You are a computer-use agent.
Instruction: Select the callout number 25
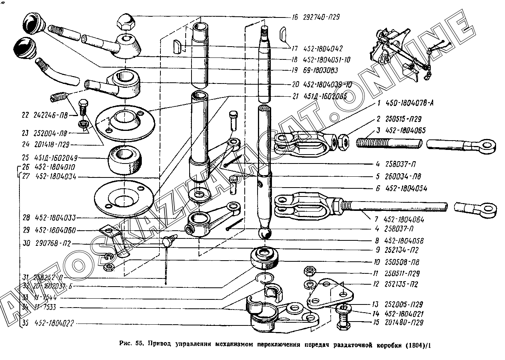(26, 158)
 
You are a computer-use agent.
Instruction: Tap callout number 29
(26, 230)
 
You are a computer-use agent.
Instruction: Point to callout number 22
(26, 115)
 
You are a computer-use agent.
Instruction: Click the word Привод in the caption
(160, 344)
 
